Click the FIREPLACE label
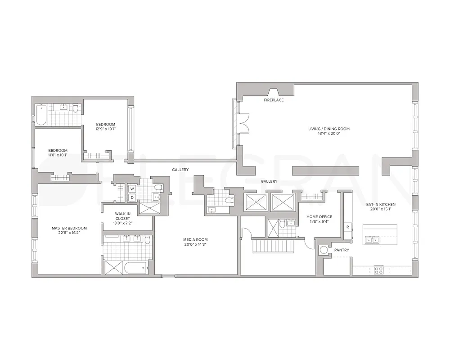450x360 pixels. [x=274, y=100]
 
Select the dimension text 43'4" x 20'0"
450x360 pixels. [x=328, y=134]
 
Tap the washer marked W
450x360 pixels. [x=132, y=189]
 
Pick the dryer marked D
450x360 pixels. [x=132, y=198]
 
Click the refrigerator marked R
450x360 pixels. [x=348, y=227]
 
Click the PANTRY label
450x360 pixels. [x=341, y=250]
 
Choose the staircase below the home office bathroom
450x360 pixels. [x=269, y=247]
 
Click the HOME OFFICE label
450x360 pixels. [x=319, y=216]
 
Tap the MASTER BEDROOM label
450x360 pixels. [x=69, y=228]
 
